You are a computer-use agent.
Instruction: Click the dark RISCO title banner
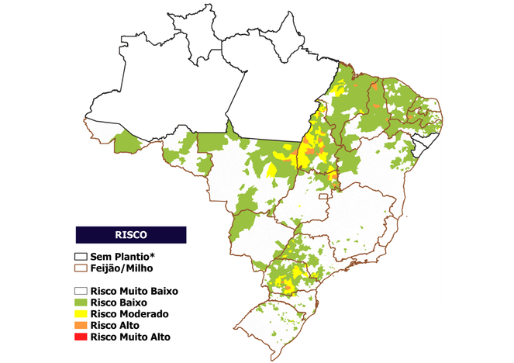click(x=130, y=234)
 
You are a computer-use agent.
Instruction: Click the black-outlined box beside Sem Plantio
click(x=81, y=256)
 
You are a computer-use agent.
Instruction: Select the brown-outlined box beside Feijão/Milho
click(x=81, y=268)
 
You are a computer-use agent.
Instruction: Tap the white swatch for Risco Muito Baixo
click(x=81, y=291)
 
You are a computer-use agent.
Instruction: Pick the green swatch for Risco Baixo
click(x=81, y=302)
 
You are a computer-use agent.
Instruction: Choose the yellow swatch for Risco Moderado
click(x=81, y=314)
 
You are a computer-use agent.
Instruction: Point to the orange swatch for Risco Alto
click(x=81, y=326)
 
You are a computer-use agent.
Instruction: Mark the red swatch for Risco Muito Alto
click(x=81, y=337)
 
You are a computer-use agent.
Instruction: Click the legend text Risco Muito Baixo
click(x=134, y=291)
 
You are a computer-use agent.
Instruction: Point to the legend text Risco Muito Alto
click(x=129, y=337)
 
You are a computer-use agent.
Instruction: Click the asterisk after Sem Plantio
click(x=154, y=254)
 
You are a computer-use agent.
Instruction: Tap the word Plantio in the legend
click(x=132, y=256)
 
